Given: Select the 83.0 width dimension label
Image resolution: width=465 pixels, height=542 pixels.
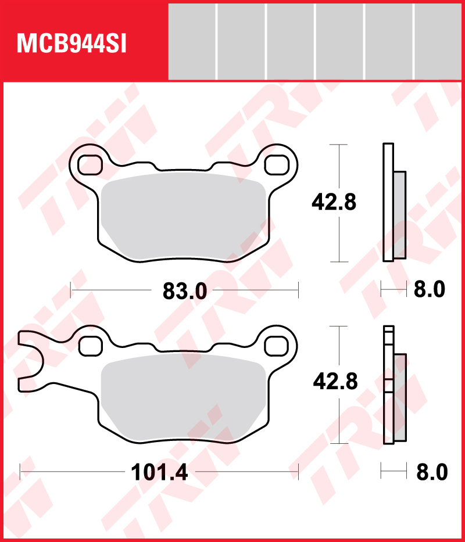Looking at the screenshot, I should point(185,291).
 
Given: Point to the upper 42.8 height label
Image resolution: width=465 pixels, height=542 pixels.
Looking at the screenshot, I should point(334,203).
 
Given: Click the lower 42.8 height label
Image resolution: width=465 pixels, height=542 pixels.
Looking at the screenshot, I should point(335,382).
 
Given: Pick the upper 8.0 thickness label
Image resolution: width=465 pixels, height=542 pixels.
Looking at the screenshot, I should point(430,289).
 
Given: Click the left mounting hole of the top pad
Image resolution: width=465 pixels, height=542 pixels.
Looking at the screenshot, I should point(90,164).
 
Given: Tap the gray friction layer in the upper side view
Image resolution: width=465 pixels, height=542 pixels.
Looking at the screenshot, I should point(400,215).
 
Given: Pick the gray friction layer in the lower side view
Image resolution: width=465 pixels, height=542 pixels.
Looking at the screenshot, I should point(400,397).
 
